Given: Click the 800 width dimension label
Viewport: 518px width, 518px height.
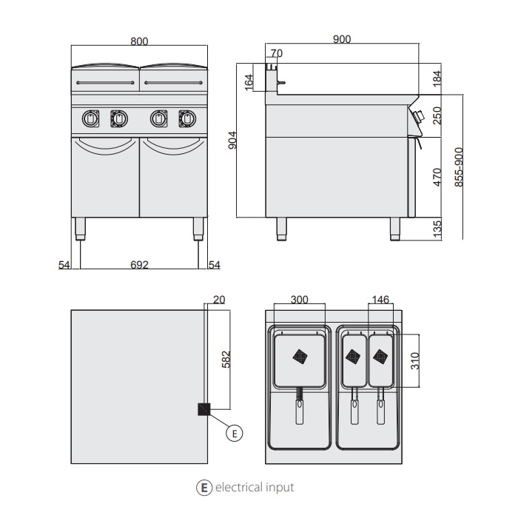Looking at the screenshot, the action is click(139, 41).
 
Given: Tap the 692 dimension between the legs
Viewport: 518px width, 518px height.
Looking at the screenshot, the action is click(139, 265).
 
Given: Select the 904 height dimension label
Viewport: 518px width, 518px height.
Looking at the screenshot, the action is click(232, 140).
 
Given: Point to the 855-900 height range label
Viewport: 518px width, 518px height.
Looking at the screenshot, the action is click(459, 167).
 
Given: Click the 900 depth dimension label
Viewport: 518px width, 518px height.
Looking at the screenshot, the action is click(342, 39).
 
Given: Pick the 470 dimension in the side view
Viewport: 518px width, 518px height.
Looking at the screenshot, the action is click(437, 177).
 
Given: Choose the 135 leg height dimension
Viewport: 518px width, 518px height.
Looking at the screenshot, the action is click(437, 229).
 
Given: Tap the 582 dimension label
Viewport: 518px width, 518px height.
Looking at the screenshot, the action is click(225, 360).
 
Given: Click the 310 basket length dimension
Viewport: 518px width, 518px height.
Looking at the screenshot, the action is click(415, 361).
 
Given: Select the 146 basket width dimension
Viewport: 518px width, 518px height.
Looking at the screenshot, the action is click(380, 300).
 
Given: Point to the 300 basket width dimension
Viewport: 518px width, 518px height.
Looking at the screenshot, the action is click(299, 300).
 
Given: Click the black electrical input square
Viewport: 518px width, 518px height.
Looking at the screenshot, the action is click(203, 409).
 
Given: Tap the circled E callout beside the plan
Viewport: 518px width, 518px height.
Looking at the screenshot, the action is click(235, 433).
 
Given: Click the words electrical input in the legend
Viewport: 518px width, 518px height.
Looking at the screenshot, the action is click(255, 487).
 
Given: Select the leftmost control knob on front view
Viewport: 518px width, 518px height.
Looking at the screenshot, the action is click(90, 118).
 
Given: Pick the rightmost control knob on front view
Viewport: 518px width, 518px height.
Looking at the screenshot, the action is click(187, 118).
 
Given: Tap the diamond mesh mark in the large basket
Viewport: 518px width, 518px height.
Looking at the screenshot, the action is click(300, 357).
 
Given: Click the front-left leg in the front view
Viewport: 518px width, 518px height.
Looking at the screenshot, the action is click(80, 229).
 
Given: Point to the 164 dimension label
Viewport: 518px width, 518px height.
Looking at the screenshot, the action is click(249, 82).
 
